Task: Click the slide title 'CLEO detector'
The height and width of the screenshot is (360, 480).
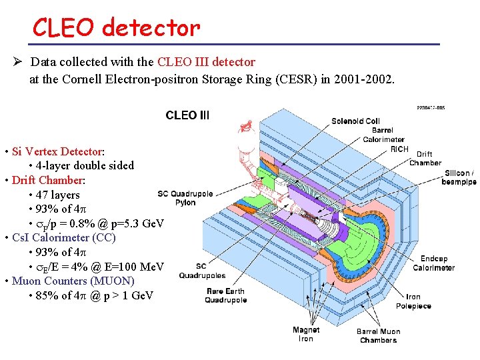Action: click(x=116, y=27)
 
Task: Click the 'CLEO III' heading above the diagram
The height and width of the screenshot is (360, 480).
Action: click(x=187, y=115)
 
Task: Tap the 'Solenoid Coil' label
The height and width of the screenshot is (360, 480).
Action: click(x=355, y=121)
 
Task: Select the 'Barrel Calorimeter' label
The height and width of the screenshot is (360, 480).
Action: click(x=383, y=135)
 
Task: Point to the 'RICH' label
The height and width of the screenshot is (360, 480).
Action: click(x=399, y=149)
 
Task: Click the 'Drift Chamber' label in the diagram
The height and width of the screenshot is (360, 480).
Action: click(x=425, y=159)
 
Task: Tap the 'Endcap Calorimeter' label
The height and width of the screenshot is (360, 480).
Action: click(x=433, y=263)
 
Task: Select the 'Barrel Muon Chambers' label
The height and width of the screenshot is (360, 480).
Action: click(x=378, y=335)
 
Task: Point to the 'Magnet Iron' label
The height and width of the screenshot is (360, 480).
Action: click(x=306, y=334)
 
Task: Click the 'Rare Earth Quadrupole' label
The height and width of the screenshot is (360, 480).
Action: click(x=225, y=295)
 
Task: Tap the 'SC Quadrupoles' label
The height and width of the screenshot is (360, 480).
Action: click(x=201, y=271)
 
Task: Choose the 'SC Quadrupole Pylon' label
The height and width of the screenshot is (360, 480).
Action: click(x=185, y=198)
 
